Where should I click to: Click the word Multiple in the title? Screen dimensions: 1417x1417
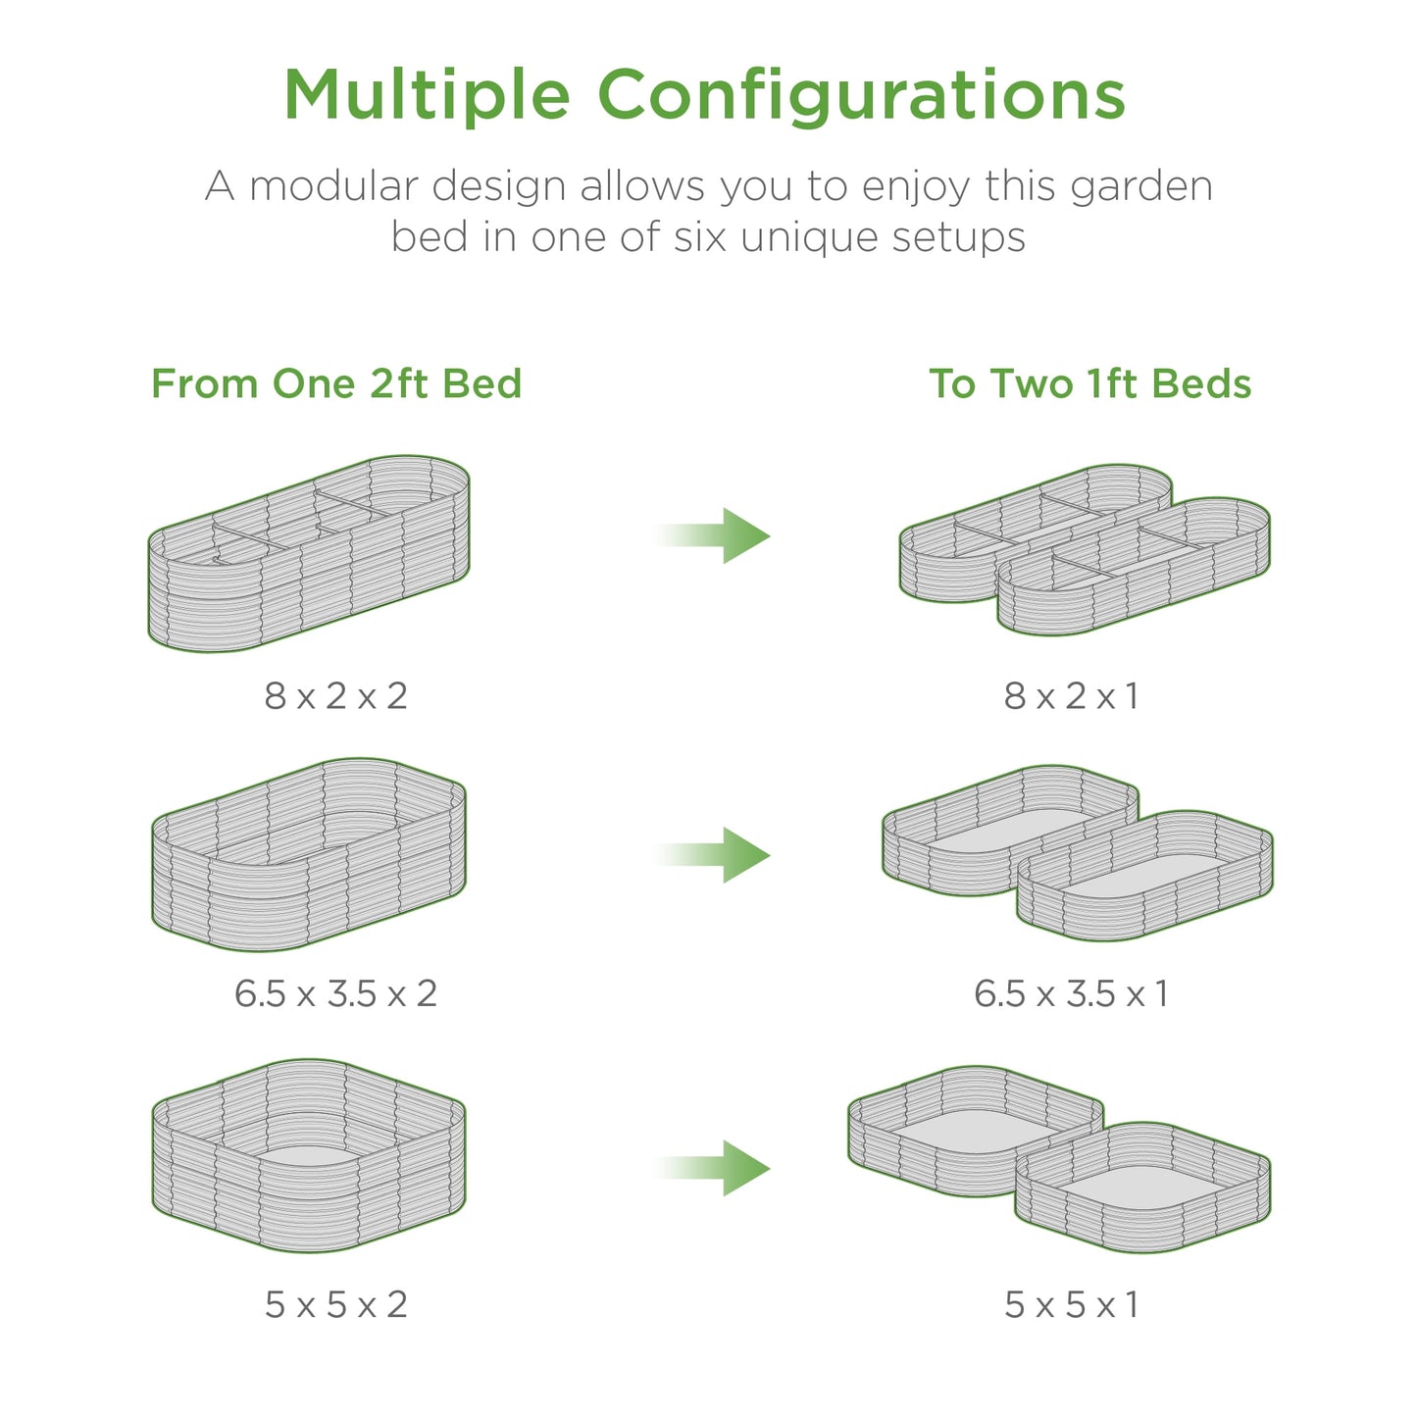point(428,96)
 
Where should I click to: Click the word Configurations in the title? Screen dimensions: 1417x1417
point(862,96)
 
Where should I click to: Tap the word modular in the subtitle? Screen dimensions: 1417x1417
point(333,185)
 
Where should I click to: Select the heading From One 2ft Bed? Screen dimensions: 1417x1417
point(336,383)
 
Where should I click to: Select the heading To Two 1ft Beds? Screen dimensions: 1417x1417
point(1089,383)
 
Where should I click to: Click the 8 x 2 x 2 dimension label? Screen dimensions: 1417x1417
point(336,695)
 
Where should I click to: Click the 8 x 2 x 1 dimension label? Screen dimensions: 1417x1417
point(1072,695)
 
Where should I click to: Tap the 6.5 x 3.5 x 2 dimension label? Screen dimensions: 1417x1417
point(336,992)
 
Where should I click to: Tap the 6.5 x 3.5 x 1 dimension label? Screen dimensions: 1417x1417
point(1072,992)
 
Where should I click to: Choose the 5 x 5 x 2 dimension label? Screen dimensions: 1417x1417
point(336,1304)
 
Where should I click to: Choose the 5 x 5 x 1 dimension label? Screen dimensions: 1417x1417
point(1072,1304)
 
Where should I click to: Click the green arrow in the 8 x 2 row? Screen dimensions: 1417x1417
point(713,535)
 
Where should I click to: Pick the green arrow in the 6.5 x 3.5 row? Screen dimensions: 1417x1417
point(713,854)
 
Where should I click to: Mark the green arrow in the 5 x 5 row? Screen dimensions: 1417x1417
point(713,1168)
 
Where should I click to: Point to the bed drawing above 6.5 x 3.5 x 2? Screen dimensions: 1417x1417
point(309,904)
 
